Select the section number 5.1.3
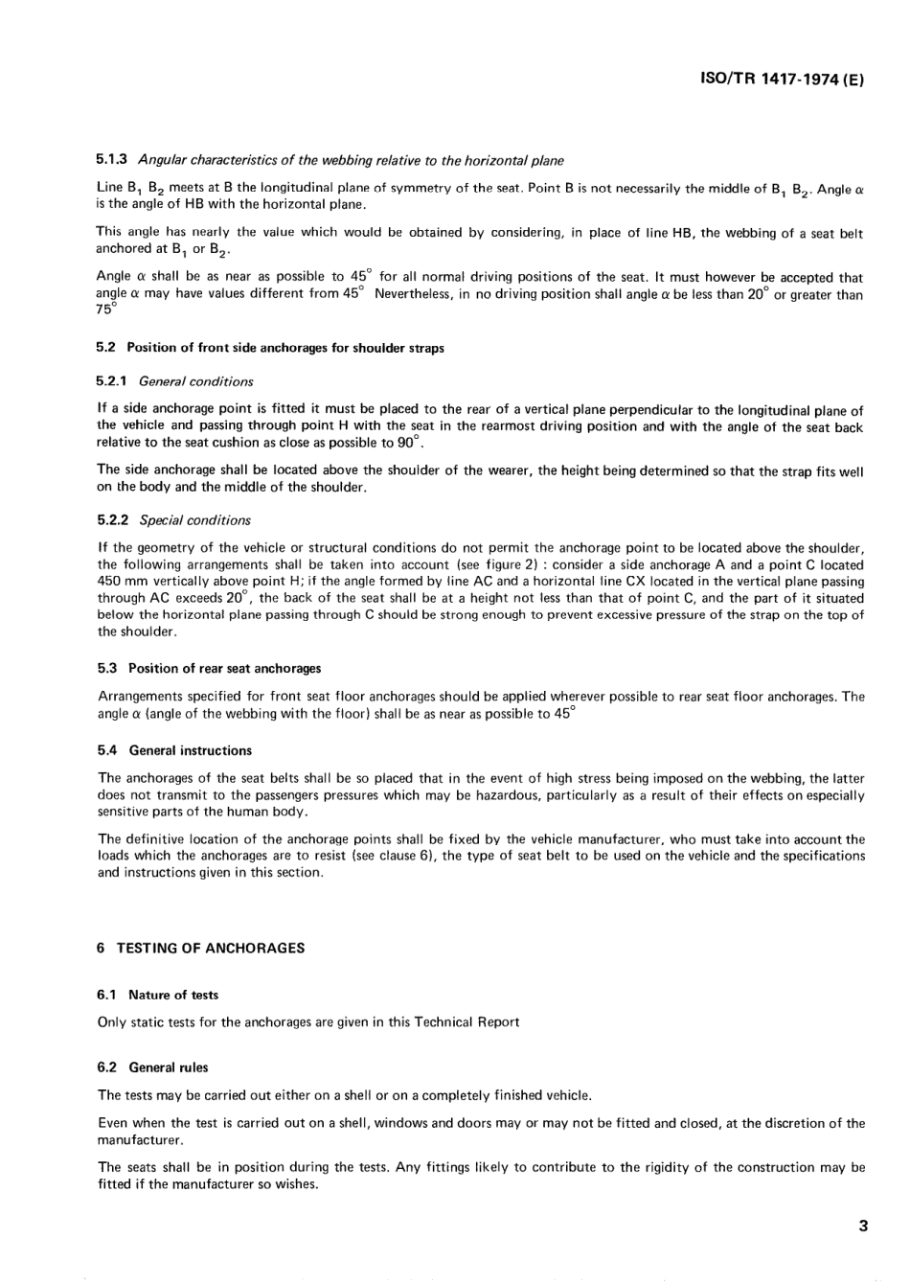coord(114,160)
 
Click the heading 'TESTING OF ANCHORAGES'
coord(211,948)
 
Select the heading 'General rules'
coord(169,1067)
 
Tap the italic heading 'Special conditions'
coord(195,520)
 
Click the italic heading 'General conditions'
coord(196,381)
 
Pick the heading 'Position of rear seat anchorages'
coord(225,668)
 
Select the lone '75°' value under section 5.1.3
coord(106,310)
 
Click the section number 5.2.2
coord(114,520)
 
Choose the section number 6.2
coord(107,1067)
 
